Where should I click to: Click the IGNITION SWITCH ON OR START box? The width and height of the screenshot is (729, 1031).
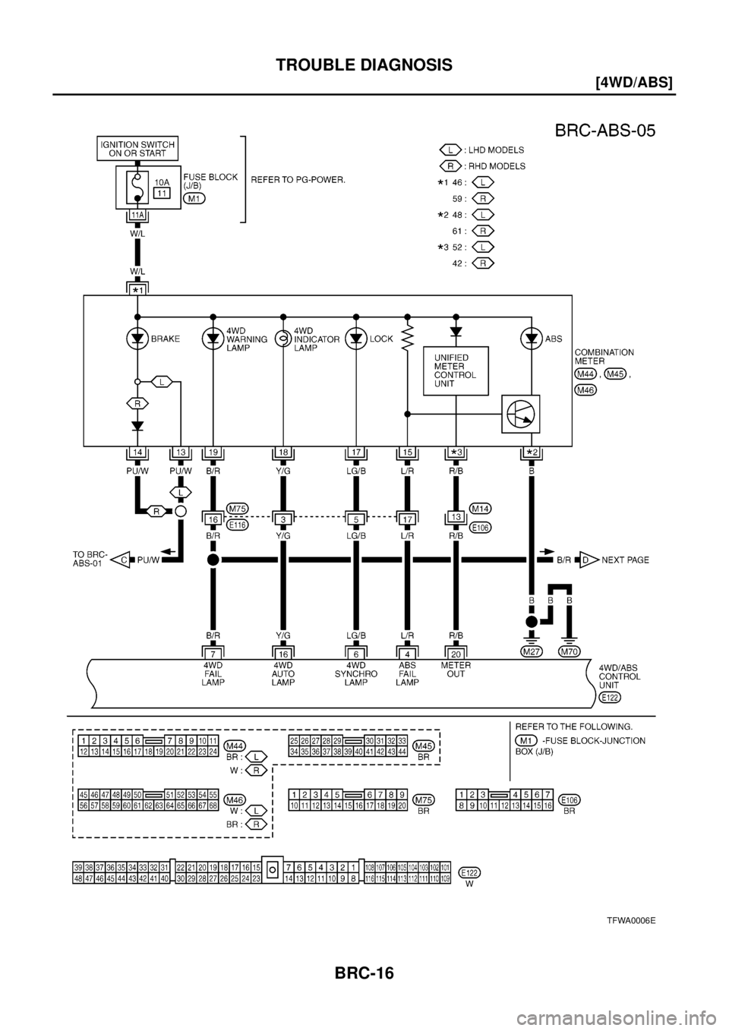137,149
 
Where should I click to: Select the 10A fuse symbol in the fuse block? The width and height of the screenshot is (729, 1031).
137,186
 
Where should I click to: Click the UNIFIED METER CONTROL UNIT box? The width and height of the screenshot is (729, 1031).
456,370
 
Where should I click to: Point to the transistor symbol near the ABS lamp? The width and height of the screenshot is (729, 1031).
520,415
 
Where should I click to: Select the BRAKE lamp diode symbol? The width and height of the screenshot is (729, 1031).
137,339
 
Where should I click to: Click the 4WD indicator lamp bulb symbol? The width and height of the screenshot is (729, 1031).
283,339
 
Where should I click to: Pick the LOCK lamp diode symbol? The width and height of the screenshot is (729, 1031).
355,339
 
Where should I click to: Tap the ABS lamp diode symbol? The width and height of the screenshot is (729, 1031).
531,339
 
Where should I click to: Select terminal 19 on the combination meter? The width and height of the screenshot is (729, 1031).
213,452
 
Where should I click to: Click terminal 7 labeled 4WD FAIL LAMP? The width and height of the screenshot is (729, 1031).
213,652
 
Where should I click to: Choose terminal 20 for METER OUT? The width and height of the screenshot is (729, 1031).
456,652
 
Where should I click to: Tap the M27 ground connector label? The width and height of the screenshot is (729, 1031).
531,651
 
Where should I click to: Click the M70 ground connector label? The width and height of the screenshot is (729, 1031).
569,651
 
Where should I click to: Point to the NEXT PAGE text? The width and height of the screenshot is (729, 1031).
626,560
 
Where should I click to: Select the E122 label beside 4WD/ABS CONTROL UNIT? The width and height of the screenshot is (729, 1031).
609,697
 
